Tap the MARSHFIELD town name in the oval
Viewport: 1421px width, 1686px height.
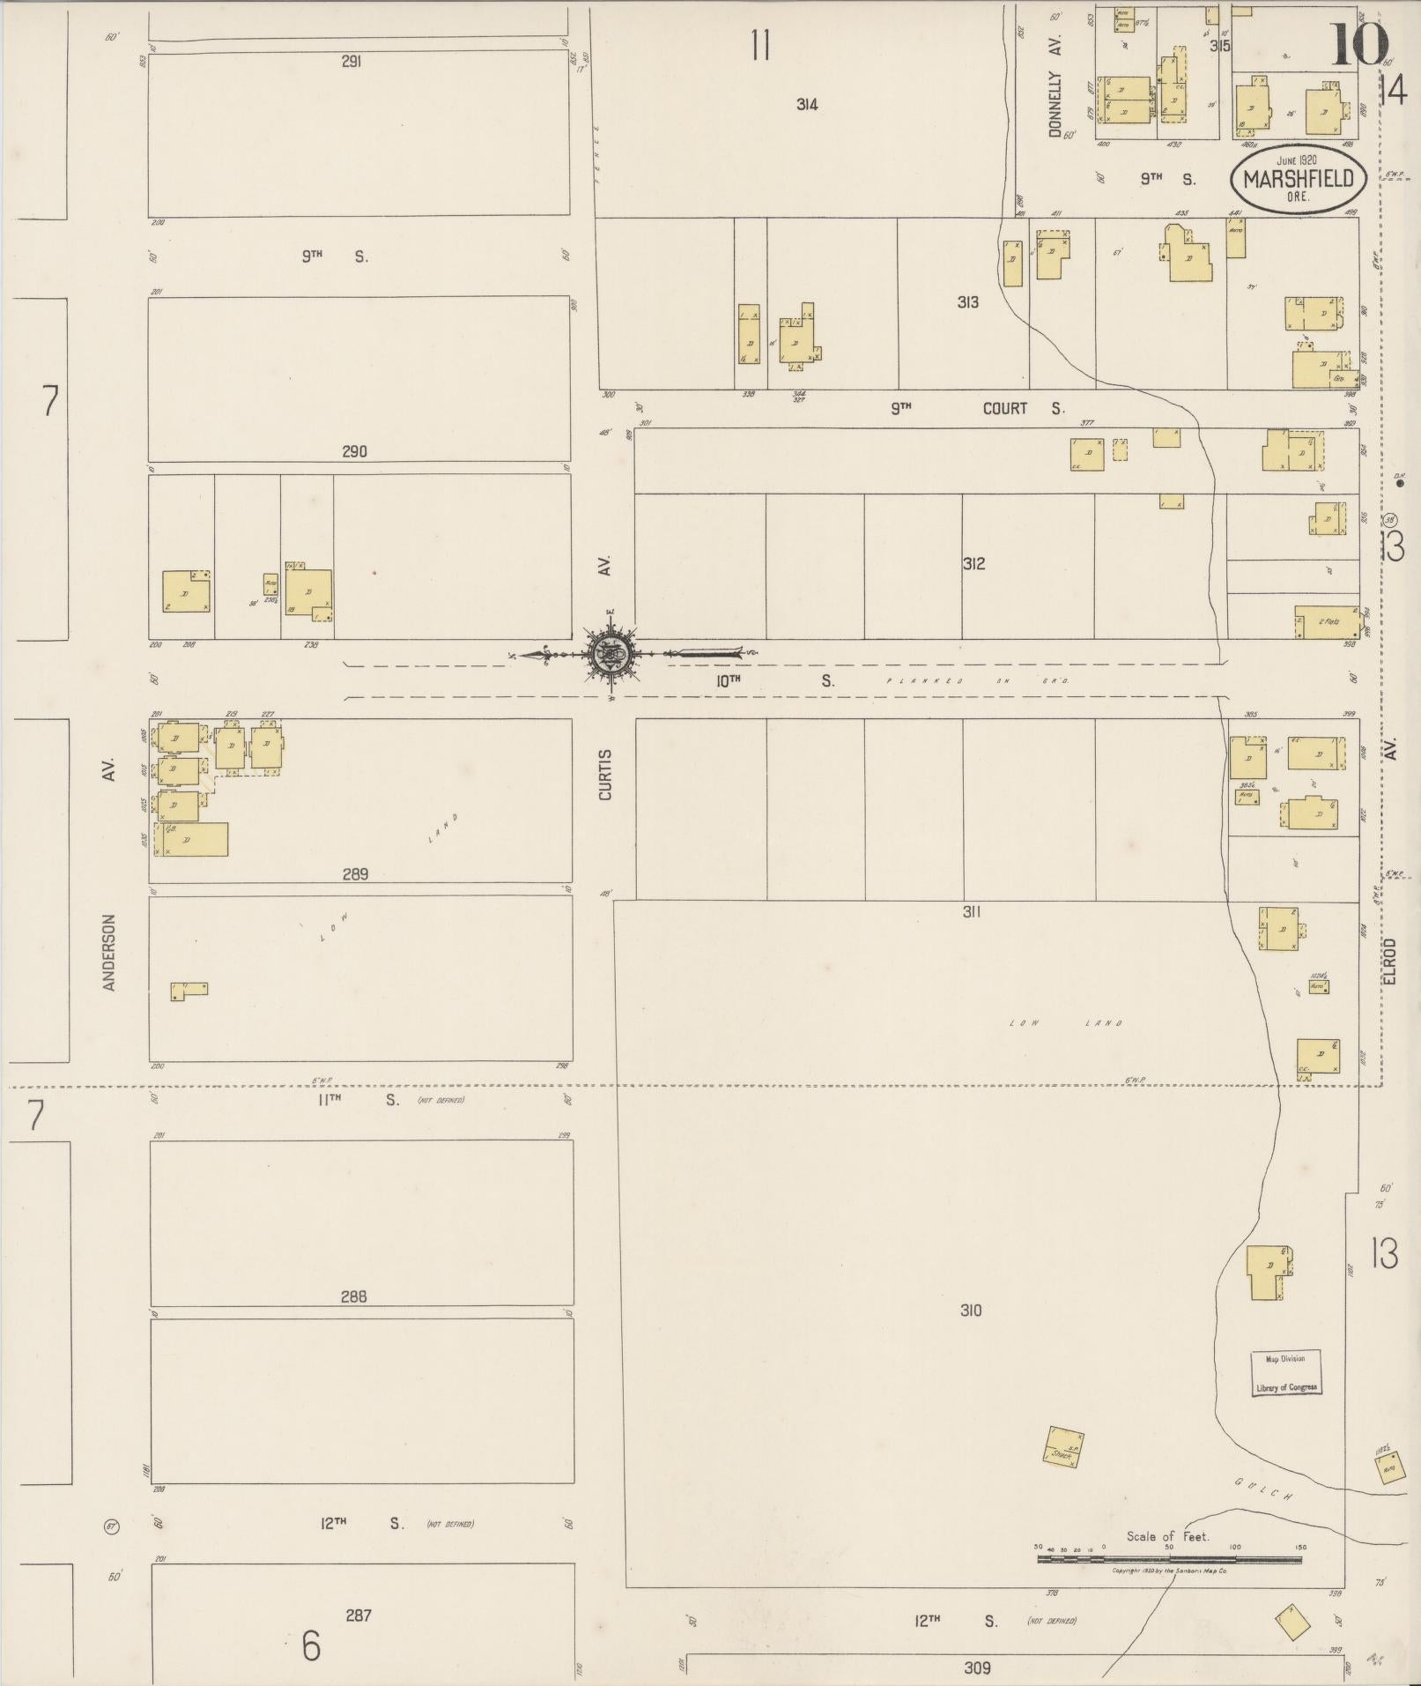1298,179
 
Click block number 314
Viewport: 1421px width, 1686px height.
806,104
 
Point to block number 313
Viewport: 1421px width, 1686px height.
967,302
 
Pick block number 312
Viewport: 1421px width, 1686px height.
973,563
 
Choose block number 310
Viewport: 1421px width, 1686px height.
970,1311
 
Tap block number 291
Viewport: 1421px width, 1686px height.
352,62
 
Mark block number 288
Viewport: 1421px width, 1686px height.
352,1296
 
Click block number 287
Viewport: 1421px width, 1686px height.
358,1615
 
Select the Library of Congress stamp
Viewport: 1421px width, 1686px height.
1286,1372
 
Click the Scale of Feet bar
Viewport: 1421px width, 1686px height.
1169,1559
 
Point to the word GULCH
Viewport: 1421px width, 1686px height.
1262,1489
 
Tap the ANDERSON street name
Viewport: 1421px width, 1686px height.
109,952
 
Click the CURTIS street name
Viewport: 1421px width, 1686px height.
605,775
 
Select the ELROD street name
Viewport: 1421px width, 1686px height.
1389,961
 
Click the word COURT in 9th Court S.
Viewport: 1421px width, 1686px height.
1005,408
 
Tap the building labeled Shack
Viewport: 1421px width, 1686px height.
1063,1448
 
